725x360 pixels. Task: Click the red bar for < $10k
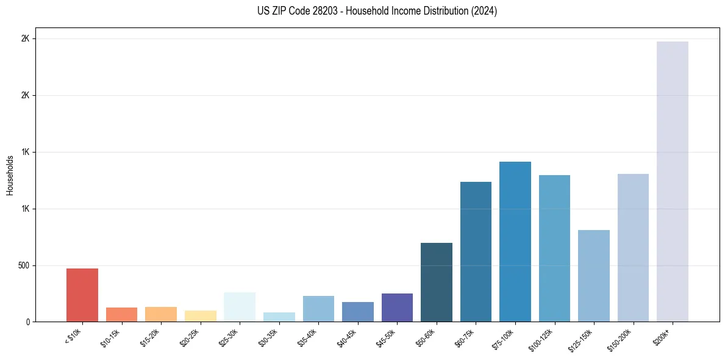[82, 295]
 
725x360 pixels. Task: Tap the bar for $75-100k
[515, 242]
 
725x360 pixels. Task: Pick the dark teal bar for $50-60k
[437, 282]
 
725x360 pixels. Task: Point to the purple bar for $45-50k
[397, 308]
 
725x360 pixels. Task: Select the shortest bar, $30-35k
[279, 317]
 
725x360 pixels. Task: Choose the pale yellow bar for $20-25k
[201, 316]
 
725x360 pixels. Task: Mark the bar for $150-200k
[633, 248]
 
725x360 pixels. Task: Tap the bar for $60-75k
[476, 251]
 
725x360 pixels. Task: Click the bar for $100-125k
[554, 248]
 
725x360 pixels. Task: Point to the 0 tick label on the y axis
[27, 322]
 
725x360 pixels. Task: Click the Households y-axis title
[10, 175]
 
